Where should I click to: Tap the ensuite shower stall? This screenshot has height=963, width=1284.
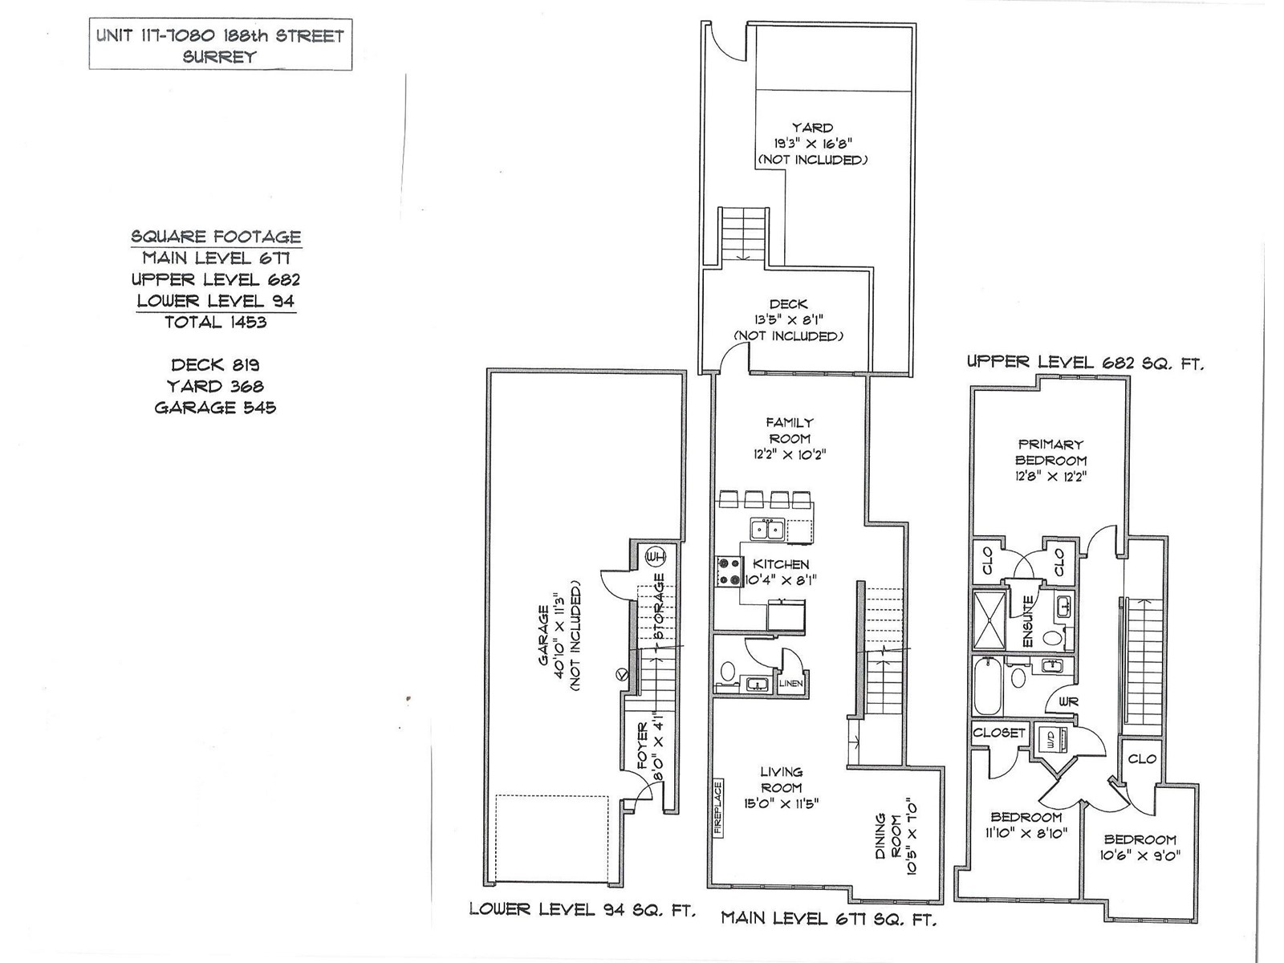tap(989, 620)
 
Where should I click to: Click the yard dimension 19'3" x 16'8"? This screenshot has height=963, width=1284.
tap(812, 144)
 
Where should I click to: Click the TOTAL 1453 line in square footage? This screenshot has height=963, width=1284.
tap(216, 322)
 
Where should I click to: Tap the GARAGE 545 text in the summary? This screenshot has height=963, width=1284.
tap(215, 408)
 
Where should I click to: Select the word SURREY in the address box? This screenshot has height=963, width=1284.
tap(219, 57)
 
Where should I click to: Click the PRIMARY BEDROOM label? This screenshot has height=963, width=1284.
tap(1050, 452)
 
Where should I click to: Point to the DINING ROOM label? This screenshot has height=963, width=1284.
tap(889, 836)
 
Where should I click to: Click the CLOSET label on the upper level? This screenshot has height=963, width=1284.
tap(999, 732)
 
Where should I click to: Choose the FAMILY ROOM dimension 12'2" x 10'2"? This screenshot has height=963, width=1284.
tap(790, 454)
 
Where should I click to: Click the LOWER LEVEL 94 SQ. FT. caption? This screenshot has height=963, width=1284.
tap(583, 910)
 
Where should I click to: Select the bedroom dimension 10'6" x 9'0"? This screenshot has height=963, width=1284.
tap(1140, 855)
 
